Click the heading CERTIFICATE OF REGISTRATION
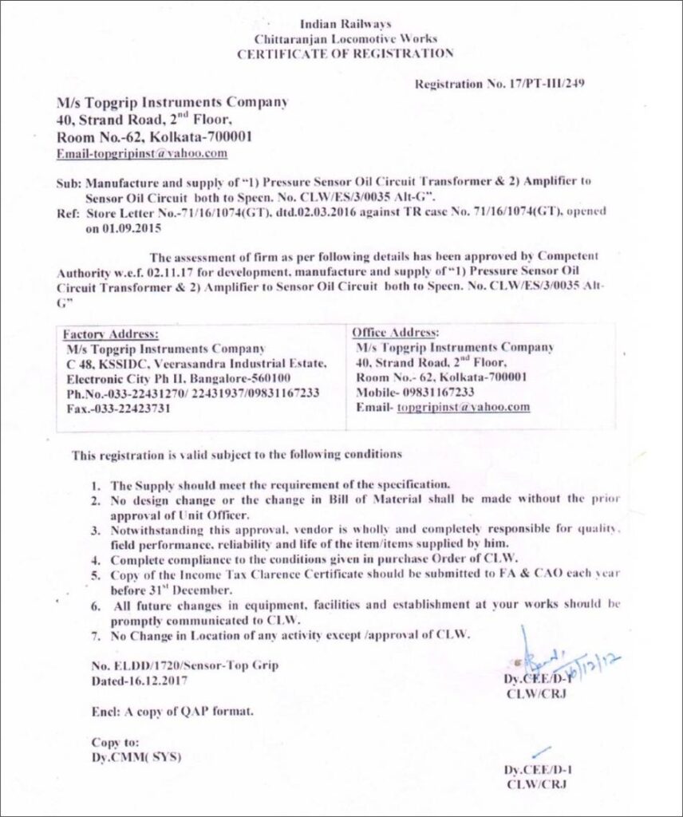point(345,53)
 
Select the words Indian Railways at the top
point(345,24)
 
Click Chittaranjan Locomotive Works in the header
point(345,38)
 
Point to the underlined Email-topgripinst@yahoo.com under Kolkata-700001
point(142,152)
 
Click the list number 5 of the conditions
point(95,574)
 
